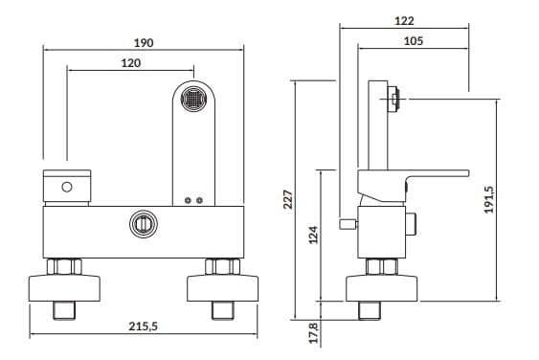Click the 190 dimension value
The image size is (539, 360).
(144, 43)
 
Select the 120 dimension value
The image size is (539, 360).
(131, 63)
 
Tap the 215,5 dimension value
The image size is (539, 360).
(144, 326)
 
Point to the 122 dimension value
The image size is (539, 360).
(404, 21)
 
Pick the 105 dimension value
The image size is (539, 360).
(414, 41)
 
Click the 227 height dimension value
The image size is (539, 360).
(288, 199)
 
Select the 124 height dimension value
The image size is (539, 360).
(313, 235)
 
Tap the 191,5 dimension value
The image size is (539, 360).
(489, 200)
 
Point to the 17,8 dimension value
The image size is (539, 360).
(313, 332)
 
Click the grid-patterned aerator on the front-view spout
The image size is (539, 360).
(193, 99)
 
